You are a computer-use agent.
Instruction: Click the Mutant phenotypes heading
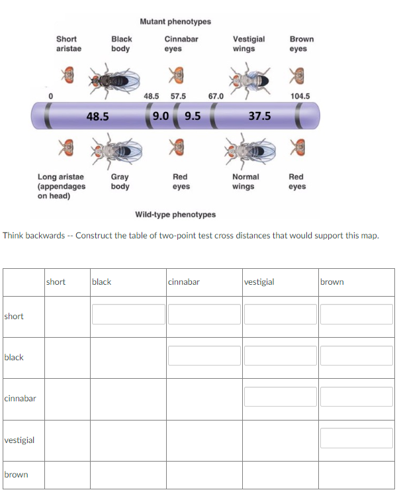[175, 22]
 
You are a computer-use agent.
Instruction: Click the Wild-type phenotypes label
[175, 215]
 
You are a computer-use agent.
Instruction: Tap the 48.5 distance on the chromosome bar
[98, 117]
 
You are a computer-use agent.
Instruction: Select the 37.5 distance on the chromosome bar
[259, 117]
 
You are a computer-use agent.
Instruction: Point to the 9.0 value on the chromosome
[160, 116]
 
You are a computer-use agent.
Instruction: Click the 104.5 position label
[300, 96]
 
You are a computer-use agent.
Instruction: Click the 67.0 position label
[216, 96]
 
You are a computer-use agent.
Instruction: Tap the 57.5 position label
[178, 96]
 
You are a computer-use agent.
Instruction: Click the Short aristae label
[66, 44]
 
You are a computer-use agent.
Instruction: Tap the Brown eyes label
[302, 44]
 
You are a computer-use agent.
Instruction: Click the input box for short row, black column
[128, 314]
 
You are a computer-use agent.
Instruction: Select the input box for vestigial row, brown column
[357, 438]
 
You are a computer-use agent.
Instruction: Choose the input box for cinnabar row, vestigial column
[281, 397]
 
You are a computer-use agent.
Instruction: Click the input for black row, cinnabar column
[204, 356]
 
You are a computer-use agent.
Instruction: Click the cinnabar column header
[184, 282]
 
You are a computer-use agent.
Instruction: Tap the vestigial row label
[20, 440]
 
